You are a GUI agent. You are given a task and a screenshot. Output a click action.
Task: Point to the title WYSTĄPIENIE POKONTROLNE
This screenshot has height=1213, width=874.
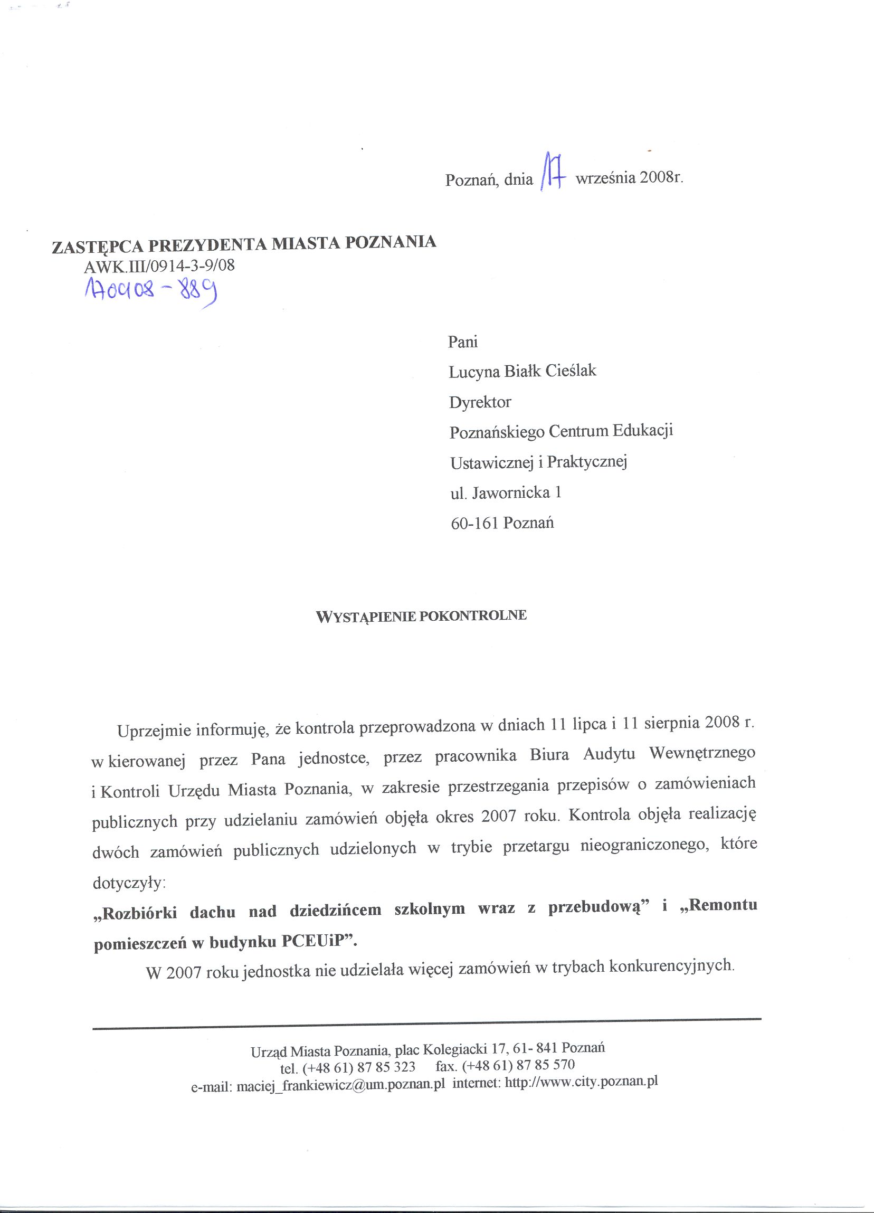(x=422, y=616)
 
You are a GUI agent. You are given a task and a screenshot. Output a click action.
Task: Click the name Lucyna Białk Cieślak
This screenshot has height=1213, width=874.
(x=522, y=371)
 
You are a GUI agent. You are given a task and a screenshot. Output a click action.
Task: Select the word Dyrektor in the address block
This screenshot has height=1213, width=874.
(x=480, y=402)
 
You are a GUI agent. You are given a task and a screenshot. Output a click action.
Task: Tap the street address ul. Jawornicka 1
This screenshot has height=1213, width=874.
(x=506, y=492)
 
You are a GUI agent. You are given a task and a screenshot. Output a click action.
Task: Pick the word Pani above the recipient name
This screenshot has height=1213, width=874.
(x=463, y=341)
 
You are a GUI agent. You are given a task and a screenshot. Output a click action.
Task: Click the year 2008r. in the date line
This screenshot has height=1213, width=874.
(x=660, y=177)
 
